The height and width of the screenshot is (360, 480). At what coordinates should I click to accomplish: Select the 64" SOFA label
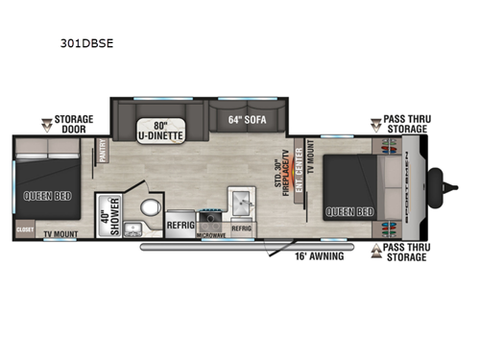246,120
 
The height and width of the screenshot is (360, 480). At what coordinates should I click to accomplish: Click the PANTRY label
102,154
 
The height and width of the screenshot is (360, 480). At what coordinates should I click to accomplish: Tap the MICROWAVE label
210,233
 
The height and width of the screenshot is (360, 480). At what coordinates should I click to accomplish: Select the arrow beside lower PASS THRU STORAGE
377,251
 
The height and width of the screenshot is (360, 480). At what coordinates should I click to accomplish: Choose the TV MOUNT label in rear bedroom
61,233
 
